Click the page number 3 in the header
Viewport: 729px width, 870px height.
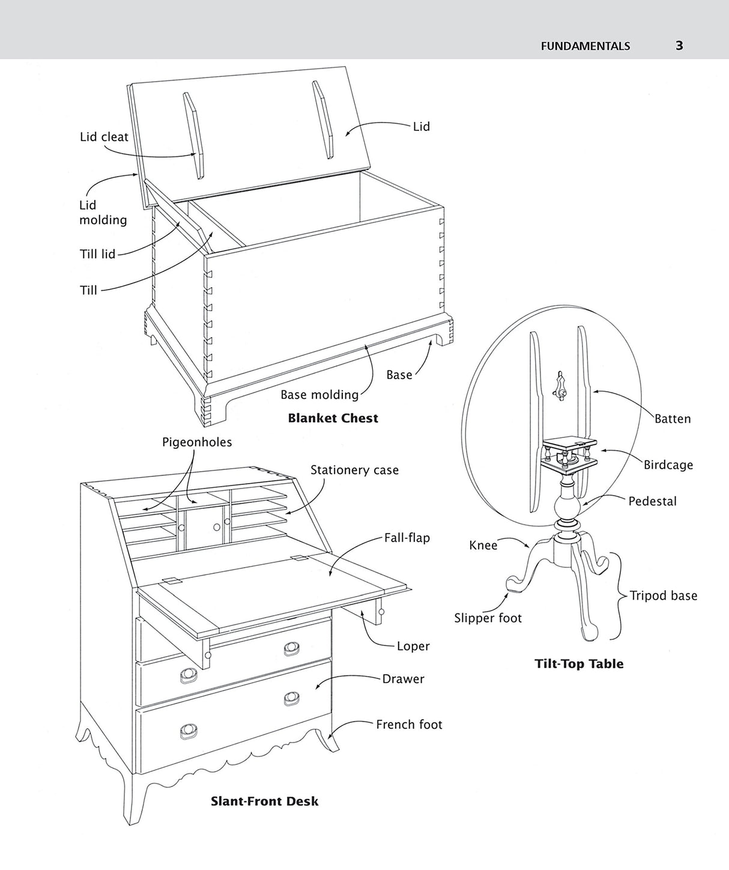(x=679, y=46)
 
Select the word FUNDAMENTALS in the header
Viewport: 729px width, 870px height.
(x=585, y=46)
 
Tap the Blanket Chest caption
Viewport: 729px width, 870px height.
(x=333, y=418)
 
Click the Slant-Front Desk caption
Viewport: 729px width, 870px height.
(x=264, y=801)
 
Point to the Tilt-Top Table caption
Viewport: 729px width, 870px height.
(x=579, y=664)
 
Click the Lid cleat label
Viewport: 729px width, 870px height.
(x=104, y=137)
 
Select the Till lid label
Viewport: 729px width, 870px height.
(x=97, y=254)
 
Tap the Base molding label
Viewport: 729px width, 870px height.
(x=319, y=395)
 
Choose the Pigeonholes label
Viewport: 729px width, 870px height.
(x=197, y=442)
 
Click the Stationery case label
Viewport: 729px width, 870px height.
(x=354, y=470)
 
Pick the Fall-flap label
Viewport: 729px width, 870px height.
(x=407, y=538)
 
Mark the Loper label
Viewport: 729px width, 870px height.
(x=413, y=646)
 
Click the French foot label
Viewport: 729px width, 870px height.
(x=409, y=725)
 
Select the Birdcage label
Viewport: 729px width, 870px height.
(x=668, y=465)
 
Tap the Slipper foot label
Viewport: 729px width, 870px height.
(x=488, y=618)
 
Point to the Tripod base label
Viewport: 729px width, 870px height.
(x=664, y=596)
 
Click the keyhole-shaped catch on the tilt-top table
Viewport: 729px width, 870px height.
(x=560, y=385)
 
